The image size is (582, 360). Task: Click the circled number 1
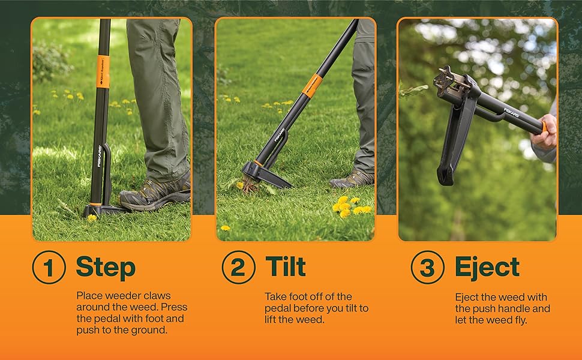pos(49,267)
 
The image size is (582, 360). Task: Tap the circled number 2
pos(239,267)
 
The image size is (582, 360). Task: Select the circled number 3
pos(428,267)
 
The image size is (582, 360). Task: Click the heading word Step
pos(106,268)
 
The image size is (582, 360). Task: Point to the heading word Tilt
pos(286,266)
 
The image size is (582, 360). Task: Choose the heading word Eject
pos(487,267)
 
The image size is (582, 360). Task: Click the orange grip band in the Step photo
pos(103,71)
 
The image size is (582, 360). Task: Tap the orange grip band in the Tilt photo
pos(312,86)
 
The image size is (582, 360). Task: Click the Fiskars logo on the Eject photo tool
pos(511,112)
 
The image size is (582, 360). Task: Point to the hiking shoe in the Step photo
pos(156,192)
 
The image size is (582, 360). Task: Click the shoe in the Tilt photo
pos(352,179)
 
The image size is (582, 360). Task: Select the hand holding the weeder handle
pos(545,132)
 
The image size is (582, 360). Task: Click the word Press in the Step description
pos(174,307)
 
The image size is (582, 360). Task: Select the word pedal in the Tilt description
pos(278,308)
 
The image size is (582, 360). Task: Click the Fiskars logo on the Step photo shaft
pos(100,156)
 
